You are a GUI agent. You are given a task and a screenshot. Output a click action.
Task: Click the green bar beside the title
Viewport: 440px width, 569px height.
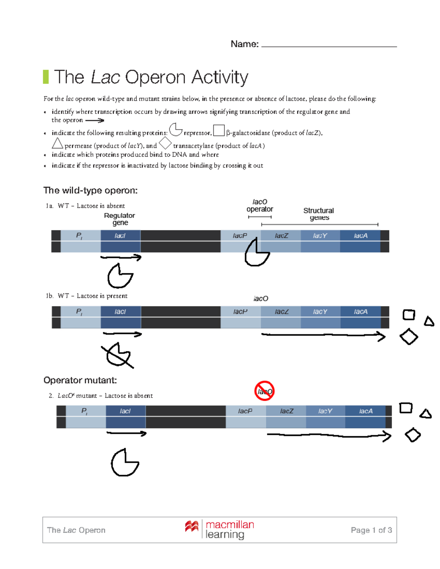coord(46,77)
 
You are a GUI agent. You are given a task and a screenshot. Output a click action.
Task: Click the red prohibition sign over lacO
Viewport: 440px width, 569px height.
coord(264,391)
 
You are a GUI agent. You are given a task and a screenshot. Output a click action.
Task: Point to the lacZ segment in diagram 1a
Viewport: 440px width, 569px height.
coord(281,236)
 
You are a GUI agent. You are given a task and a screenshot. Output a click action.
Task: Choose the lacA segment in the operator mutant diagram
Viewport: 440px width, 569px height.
coord(365,411)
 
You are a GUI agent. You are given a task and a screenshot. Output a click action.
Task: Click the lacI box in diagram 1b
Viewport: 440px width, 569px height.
coord(120,312)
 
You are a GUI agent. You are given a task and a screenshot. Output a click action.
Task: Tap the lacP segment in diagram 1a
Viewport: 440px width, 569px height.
coord(240,236)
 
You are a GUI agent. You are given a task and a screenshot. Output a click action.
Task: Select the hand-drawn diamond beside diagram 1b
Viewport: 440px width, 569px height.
coord(409,337)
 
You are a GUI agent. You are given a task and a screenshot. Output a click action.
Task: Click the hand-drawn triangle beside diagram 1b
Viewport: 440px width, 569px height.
coord(429,322)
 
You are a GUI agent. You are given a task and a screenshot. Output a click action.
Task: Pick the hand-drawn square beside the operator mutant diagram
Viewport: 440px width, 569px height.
coord(406,408)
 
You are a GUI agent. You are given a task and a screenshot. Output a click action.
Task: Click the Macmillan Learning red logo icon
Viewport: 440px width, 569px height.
coord(192,526)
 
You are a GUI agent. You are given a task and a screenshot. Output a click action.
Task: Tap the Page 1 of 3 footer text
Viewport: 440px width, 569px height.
coord(371,530)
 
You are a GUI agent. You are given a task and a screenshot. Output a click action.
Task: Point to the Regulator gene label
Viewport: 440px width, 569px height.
coord(120,219)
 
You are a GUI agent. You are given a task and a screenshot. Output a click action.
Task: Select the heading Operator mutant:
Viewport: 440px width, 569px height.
coord(80,380)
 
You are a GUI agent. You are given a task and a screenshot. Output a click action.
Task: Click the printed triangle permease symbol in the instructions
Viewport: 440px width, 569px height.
coord(57,143)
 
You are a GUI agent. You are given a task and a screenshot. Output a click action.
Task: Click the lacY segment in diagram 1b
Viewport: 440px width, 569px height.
coord(320,312)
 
